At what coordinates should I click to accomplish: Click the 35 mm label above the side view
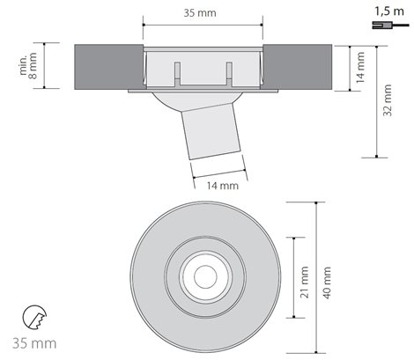pyautogui.click(x=200, y=13)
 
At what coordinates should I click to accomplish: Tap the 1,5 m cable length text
pyautogui.click(x=389, y=11)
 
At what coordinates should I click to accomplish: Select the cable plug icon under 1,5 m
pyautogui.click(x=390, y=26)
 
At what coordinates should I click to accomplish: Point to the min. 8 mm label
pyautogui.click(x=28, y=65)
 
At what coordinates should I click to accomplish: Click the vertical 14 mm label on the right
pyautogui.click(x=360, y=68)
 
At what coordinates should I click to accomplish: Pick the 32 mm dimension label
pyautogui.click(x=388, y=100)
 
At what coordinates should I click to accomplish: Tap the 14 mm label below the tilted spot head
pyautogui.click(x=223, y=186)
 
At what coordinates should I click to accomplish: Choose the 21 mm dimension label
pyautogui.click(x=305, y=283)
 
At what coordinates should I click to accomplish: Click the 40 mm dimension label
pyautogui.click(x=327, y=283)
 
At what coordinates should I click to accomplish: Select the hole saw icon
pyautogui.click(x=34, y=317)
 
